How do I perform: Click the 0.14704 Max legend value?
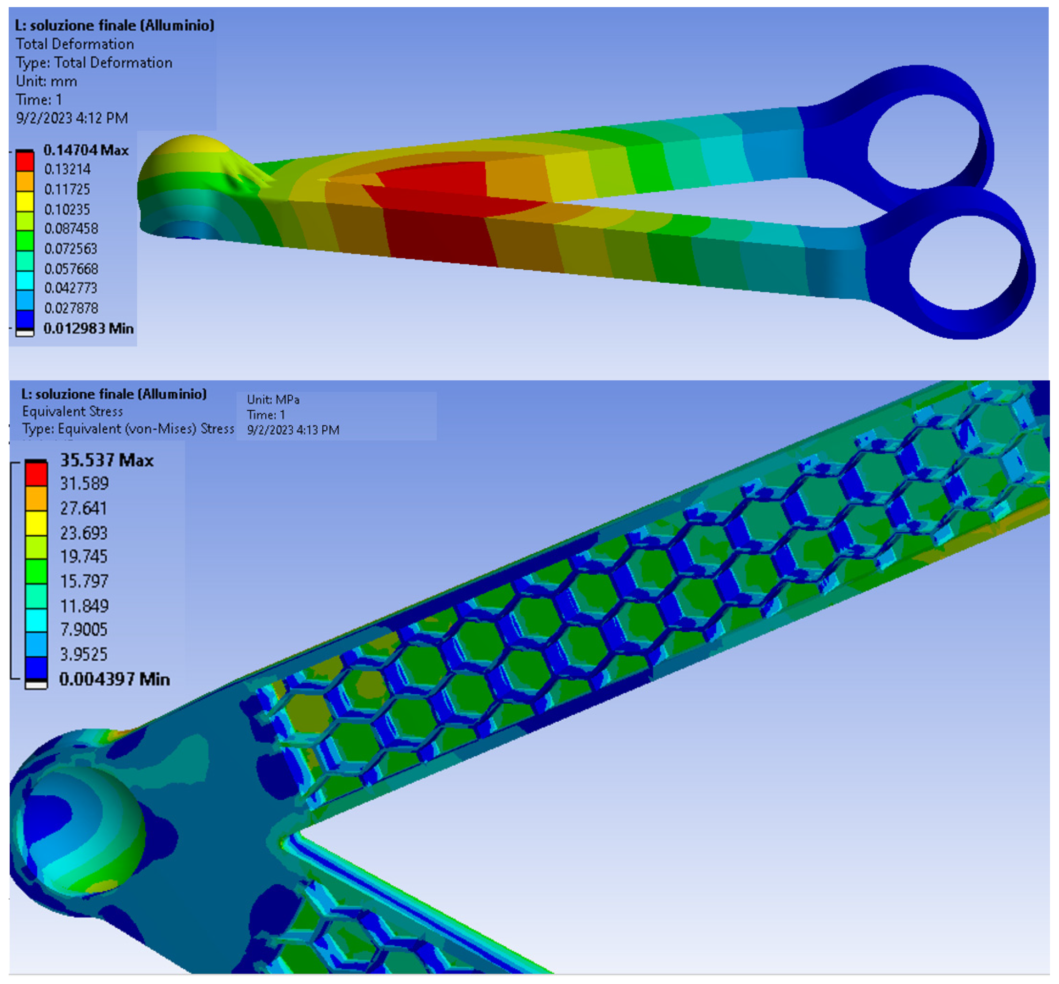pos(86,150)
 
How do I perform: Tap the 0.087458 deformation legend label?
pos(71,228)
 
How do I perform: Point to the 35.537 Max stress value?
pos(107,460)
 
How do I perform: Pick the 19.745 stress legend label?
pos(84,557)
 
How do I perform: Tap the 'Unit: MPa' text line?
pos(273,399)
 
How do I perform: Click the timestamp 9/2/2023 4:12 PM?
pos(72,118)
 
